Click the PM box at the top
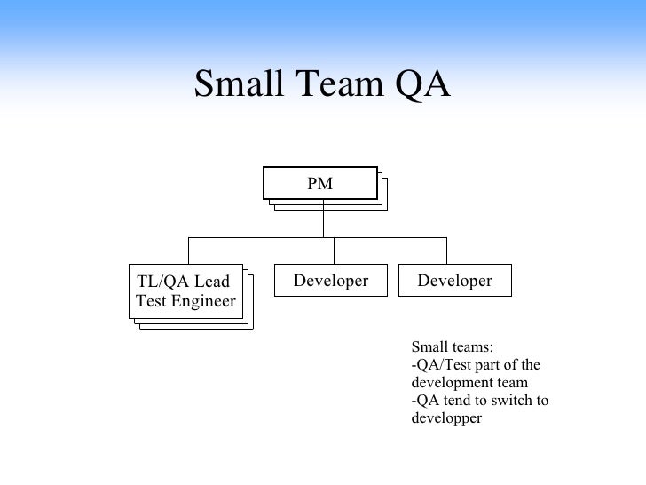(319, 184)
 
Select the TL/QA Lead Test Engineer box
(186, 291)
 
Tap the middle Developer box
(330, 281)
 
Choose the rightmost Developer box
(454, 281)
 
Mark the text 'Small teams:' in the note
(452, 347)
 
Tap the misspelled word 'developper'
(446, 417)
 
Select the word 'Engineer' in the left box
(204, 301)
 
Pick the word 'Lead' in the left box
(212, 282)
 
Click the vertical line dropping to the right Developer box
(446, 250)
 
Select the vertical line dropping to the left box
(188, 250)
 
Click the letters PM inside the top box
(319, 184)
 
